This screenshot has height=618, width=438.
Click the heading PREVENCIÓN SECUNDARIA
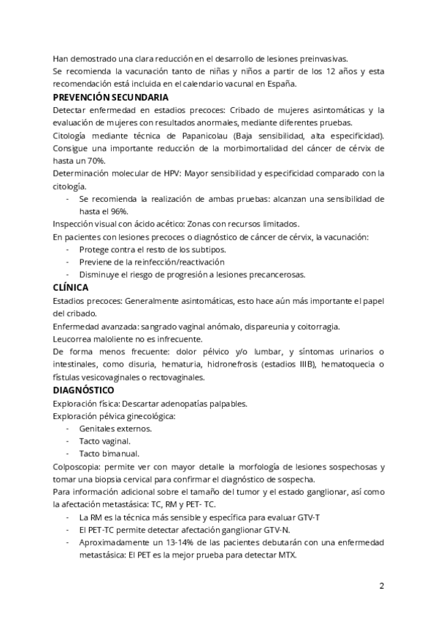pos(110,97)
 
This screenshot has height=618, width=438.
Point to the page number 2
pos(381,586)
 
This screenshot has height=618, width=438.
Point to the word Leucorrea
pos(73,340)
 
